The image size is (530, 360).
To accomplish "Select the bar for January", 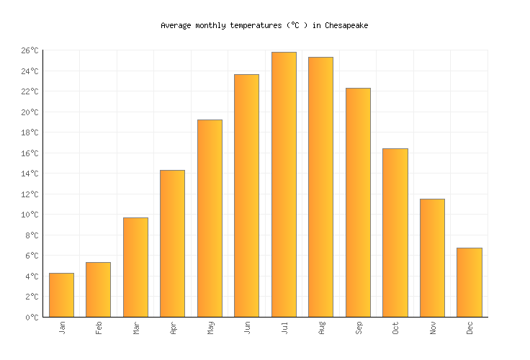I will click(x=61, y=295).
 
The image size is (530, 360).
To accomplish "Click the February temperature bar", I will click(x=98, y=289).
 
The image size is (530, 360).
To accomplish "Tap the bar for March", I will click(x=135, y=267).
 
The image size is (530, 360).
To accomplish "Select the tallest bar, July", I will click(x=284, y=184).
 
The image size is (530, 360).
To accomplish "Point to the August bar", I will click(x=320, y=187).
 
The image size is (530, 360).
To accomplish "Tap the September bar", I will click(x=358, y=202).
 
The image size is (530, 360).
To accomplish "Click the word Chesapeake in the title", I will click(x=346, y=25).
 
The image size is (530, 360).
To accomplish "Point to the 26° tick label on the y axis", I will click(x=30, y=50).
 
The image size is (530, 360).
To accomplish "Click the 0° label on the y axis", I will click(x=33, y=317).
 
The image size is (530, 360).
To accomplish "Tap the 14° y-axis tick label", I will click(x=30, y=174).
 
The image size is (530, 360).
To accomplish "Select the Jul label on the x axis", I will click(x=284, y=328).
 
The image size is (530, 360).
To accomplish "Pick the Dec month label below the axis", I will click(x=470, y=328).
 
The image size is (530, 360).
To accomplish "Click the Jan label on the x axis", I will click(x=62, y=328).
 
